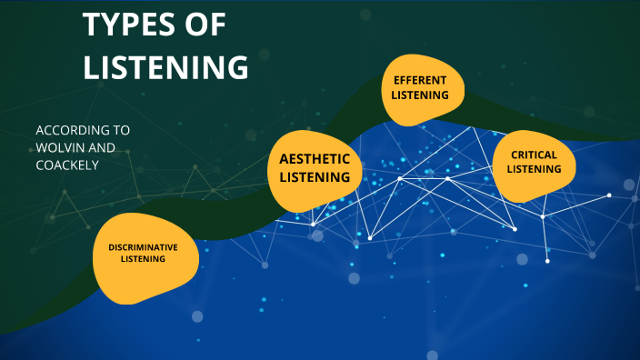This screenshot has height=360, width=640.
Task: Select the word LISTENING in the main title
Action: pyautogui.click(x=165, y=67)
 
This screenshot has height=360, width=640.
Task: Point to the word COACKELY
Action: pyautogui.click(x=67, y=165)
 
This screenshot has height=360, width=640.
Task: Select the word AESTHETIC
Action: pyautogui.click(x=314, y=159)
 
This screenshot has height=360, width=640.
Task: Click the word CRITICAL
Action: pyautogui.click(x=533, y=155)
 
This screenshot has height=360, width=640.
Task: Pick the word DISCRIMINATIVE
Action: pyautogui.click(x=143, y=246)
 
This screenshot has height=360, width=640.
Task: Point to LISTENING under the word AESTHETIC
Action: pyautogui.click(x=315, y=176)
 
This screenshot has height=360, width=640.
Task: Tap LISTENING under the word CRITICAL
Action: pyautogui.click(x=533, y=169)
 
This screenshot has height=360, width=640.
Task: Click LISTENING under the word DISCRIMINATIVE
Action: pyautogui.click(x=143, y=259)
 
